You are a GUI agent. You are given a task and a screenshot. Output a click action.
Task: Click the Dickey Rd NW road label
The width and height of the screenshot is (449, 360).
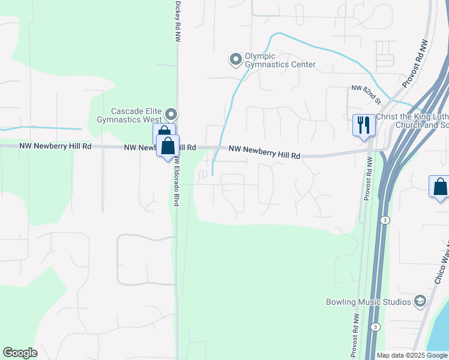[x=177, y=21]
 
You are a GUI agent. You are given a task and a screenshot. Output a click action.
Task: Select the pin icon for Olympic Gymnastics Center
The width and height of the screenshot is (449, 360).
[x=235, y=59]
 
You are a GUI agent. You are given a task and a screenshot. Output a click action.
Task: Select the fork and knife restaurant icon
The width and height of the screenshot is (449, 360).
[x=364, y=125]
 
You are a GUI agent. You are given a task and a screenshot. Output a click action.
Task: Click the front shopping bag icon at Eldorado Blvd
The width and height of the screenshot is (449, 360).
[x=168, y=145]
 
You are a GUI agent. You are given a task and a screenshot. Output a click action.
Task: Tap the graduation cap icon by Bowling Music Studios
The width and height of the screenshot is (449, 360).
[x=421, y=301]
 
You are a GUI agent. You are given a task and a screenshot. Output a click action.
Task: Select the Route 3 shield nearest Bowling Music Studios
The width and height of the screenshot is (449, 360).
[x=375, y=326]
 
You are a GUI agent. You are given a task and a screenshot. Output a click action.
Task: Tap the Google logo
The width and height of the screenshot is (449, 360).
[x=20, y=353]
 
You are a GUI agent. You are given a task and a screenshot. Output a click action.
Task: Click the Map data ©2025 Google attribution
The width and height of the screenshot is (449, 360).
[x=412, y=355]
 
